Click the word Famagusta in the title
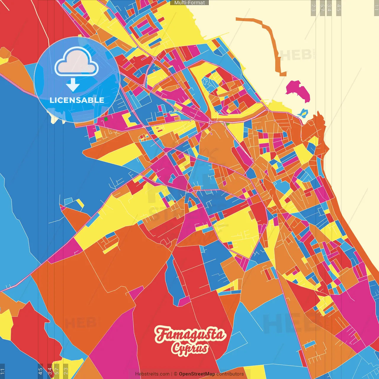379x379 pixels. click(189, 335)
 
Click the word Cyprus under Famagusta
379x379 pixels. click(189, 348)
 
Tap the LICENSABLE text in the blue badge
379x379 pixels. click(77, 100)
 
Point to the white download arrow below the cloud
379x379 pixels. click(73, 85)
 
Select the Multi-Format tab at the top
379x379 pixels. click(189, 3)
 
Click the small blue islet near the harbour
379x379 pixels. click(303, 113)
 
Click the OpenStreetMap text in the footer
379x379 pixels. click(197, 374)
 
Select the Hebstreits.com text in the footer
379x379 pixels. click(152, 374)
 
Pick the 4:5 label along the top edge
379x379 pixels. click(339, 8)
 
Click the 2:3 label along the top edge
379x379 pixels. click(313, 8)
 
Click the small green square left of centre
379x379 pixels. click(106, 119)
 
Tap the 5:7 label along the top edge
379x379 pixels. click(322, 8)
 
